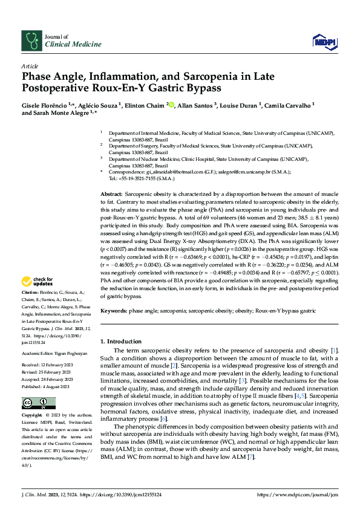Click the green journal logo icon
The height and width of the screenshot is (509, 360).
[x=30, y=40]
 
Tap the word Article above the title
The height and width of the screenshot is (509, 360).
[x=30, y=66]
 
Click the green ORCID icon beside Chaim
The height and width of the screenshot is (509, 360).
[x=171, y=105]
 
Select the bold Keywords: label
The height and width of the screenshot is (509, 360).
[x=114, y=311]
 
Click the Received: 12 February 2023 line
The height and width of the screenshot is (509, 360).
[x=48, y=366]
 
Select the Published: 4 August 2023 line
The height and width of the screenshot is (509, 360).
[x=47, y=386]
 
